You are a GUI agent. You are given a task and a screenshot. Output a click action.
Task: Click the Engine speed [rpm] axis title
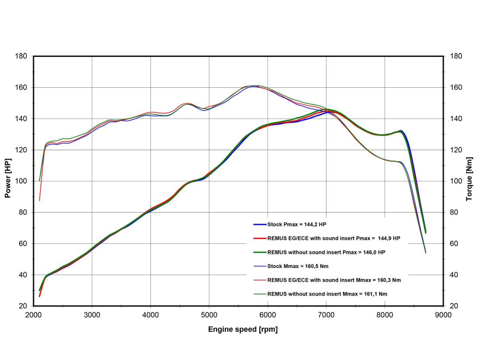pyautogui.click(x=243, y=330)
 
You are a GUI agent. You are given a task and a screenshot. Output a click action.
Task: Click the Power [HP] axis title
pyautogui.click(x=8, y=181)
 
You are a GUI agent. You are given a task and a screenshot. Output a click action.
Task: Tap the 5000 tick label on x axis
pyautogui.click(x=209, y=315)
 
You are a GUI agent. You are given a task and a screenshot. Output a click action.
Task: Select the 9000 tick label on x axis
pyautogui.click(x=443, y=315)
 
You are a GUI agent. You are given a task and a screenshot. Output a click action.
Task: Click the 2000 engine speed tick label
pyautogui.click(x=34, y=315)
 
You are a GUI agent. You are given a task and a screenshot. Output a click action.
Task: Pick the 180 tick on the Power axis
pyautogui.click(x=21, y=56)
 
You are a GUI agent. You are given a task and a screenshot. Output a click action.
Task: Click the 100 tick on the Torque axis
pyautogui.click(x=456, y=181)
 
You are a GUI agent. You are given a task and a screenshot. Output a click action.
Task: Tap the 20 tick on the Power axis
pyautogui.click(x=23, y=306)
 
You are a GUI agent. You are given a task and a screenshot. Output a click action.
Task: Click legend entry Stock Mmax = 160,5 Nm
pyautogui.click(x=298, y=266)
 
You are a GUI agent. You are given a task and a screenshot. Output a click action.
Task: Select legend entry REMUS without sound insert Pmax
pyautogui.click(x=326, y=252)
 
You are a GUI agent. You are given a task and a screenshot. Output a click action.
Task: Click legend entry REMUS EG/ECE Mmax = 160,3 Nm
pyautogui.click(x=334, y=280)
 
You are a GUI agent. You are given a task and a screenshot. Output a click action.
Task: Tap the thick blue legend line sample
pyautogui.click(x=260, y=224)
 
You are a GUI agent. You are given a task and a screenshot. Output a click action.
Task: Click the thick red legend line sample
pyautogui.click(x=260, y=238)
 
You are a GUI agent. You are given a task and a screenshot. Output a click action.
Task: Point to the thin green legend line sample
pyautogui.click(x=260, y=294)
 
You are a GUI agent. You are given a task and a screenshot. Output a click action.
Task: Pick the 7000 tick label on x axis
pyautogui.click(x=326, y=315)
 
